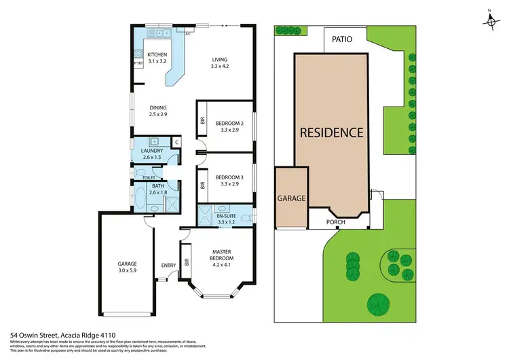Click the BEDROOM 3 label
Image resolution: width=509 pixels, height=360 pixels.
tap(229, 181)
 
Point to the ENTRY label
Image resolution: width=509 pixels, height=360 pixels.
tap(168, 265)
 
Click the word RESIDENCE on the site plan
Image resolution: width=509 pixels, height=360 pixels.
tap(332, 132)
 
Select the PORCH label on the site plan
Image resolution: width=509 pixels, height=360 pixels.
tap(335, 222)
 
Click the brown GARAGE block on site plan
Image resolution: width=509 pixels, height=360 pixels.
tap(291, 199)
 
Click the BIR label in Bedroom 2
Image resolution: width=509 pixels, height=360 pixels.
tap(202, 121)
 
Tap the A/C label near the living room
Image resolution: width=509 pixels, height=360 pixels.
tap(188, 32)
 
